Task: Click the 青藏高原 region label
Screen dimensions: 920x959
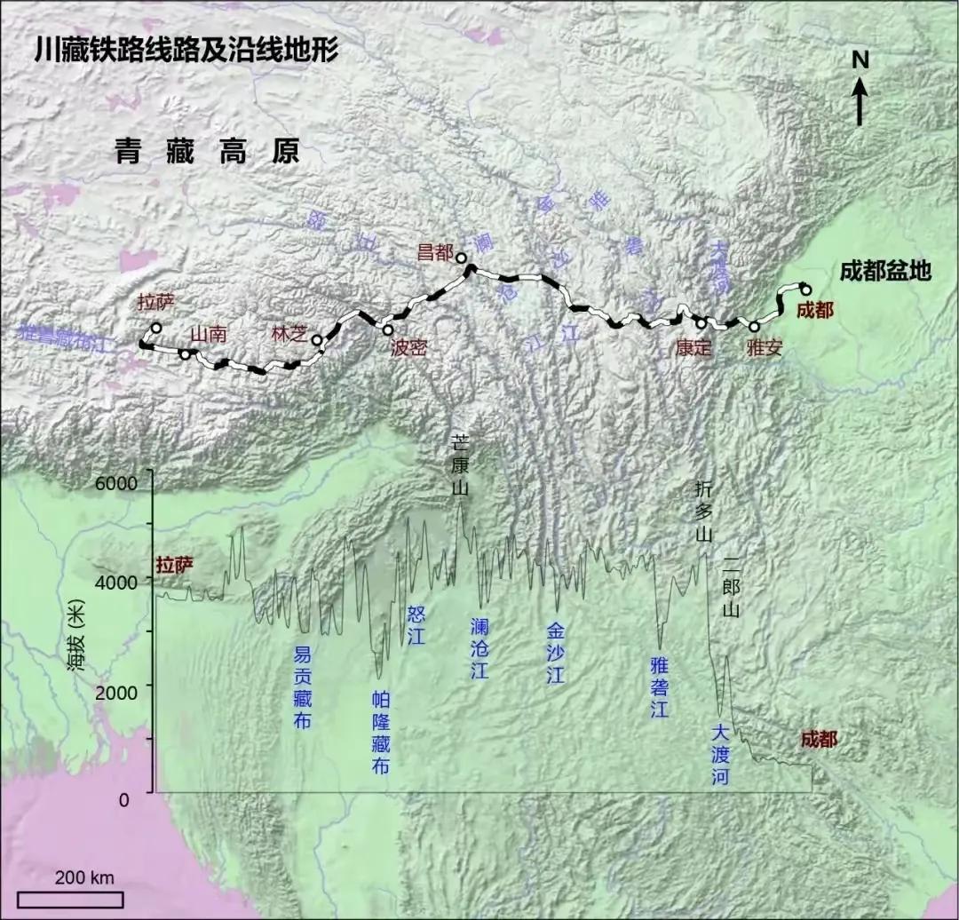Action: tap(207, 152)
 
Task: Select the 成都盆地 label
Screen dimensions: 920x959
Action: tap(884, 271)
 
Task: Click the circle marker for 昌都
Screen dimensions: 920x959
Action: tap(461, 258)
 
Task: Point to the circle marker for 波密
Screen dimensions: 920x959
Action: tap(388, 329)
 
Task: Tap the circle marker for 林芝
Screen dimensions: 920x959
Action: tap(316, 339)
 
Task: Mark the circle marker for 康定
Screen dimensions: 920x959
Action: tap(701, 322)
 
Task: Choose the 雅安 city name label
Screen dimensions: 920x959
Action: tap(764, 348)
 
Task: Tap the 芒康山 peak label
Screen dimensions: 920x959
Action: tap(460, 464)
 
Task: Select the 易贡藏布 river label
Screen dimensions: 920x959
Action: tap(303, 688)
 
